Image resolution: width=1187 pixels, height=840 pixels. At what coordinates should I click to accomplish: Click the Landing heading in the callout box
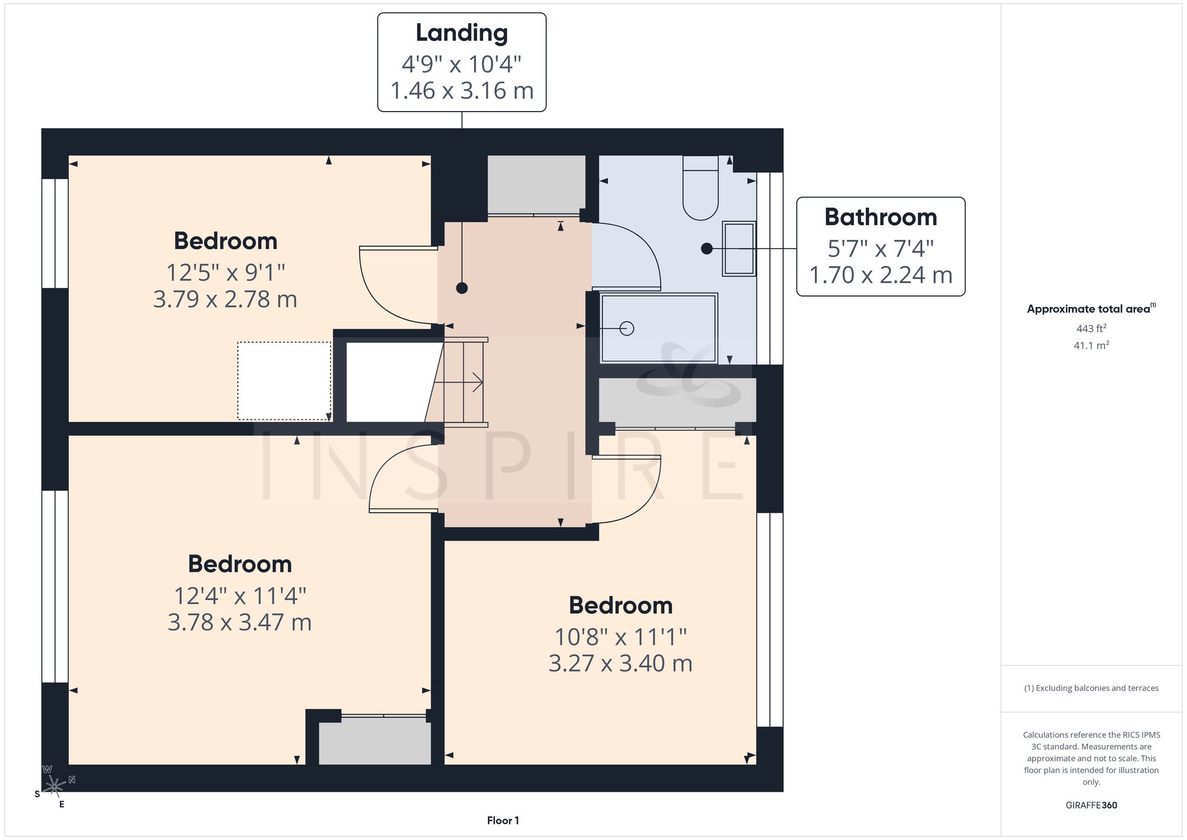click(x=462, y=33)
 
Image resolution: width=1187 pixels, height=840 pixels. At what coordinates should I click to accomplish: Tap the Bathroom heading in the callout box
click(x=881, y=217)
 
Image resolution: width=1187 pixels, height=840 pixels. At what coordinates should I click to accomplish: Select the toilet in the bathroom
click(x=700, y=188)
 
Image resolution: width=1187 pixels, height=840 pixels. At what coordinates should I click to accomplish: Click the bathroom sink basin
click(x=739, y=249)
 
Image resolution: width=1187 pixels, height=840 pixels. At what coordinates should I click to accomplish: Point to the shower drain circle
click(x=627, y=328)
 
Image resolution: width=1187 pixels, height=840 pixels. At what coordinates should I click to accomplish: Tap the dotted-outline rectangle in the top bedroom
click(x=284, y=381)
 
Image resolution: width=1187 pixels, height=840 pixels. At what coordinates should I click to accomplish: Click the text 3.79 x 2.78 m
click(x=225, y=299)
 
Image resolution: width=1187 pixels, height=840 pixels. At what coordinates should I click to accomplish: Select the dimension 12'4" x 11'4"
click(x=240, y=595)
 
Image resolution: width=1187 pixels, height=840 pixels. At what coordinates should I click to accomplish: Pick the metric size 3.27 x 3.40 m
click(x=620, y=663)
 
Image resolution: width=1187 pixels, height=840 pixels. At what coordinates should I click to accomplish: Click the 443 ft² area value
click(x=1091, y=328)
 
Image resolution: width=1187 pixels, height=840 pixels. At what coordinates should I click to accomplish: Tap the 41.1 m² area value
click(x=1091, y=345)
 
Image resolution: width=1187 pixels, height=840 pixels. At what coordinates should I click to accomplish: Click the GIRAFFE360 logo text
click(x=1091, y=806)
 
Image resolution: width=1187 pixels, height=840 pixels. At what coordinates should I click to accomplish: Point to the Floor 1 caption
click(x=503, y=820)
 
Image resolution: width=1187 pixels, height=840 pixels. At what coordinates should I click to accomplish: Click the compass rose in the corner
click(x=55, y=786)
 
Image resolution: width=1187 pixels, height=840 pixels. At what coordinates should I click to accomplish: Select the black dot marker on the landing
click(x=462, y=288)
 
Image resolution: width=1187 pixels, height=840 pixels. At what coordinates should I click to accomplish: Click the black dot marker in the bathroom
click(x=706, y=249)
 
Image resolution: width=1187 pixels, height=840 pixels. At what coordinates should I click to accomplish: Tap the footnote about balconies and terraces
click(x=1091, y=688)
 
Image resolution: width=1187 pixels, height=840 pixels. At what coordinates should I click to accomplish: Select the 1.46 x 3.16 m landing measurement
click(x=462, y=91)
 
